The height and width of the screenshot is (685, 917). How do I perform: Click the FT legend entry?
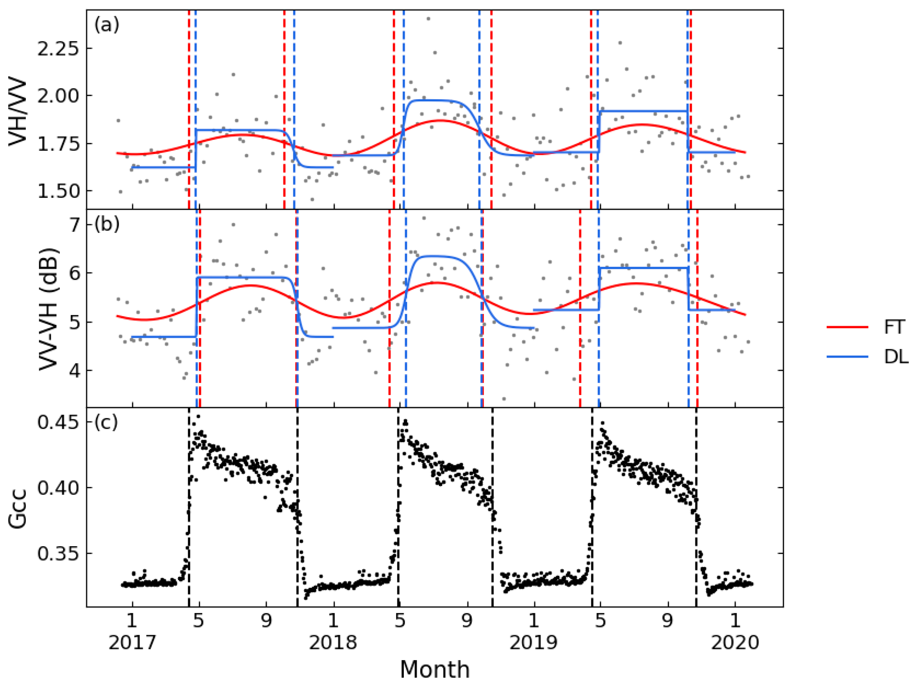(x=894, y=327)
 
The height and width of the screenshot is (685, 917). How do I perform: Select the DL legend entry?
(x=896, y=357)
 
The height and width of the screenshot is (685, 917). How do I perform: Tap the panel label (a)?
(x=106, y=25)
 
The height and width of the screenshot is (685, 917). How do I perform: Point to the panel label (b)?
(x=106, y=224)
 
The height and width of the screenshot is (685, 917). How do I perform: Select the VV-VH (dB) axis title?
(x=49, y=309)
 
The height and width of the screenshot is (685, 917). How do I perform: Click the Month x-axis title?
(x=435, y=669)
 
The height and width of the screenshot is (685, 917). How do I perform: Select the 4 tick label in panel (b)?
(x=75, y=371)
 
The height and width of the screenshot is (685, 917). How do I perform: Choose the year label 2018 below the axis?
(x=333, y=642)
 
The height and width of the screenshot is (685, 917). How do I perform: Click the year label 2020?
(x=735, y=642)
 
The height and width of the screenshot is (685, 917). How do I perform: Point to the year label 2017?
(x=132, y=642)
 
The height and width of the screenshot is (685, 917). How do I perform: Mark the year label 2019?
(x=534, y=642)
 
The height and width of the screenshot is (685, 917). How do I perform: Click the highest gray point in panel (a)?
(x=428, y=19)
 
